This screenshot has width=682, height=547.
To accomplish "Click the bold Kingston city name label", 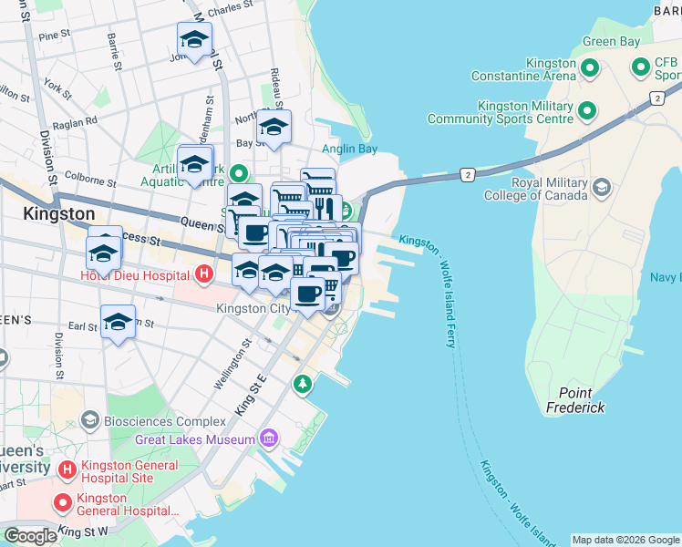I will (58, 213).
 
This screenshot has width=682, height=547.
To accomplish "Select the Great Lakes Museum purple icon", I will (268, 439).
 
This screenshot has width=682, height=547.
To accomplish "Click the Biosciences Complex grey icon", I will (89, 420).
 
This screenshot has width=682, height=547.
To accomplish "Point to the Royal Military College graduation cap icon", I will (601, 188).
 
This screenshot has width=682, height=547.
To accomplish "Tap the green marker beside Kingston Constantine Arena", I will (590, 68).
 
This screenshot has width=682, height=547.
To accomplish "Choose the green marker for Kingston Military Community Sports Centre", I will (588, 111).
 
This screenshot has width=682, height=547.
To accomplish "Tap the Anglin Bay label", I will (349, 150).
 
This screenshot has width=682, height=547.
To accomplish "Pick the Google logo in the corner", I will (30, 536).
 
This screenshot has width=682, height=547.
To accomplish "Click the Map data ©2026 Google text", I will (625, 540).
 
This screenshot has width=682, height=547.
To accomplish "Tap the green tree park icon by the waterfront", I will (303, 385).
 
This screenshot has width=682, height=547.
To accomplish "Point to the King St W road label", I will (84, 530).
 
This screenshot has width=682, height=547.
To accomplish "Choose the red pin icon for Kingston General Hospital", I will (63, 501).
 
